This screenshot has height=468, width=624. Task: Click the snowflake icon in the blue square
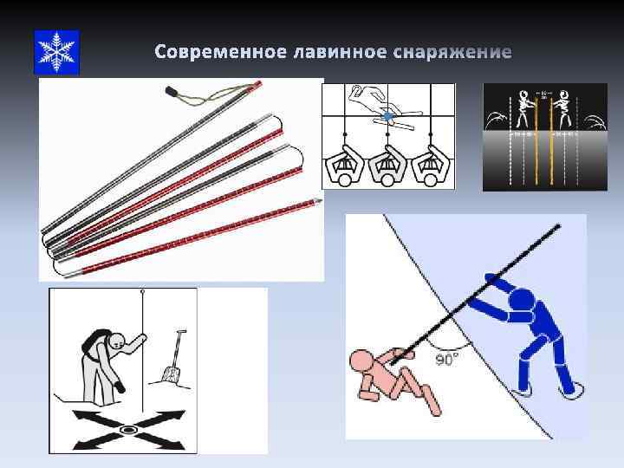pyautogui.click(x=56, y=51)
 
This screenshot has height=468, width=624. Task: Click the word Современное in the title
pyautogui.click(x=212, y=54)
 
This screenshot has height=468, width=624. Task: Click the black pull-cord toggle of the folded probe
pyautogui.click(x=171, y=91)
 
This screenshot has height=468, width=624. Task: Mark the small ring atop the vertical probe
pyautogui.click(x=140, y=295)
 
